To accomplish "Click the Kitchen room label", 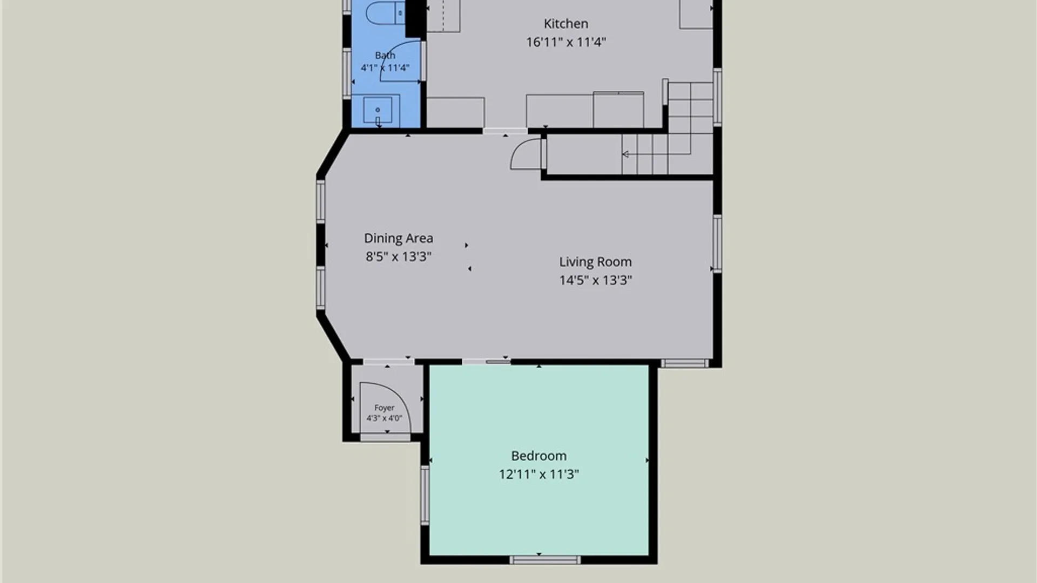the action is click(565, 24).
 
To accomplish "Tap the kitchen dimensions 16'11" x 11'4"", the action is click(566, 42).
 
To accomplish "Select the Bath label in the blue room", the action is click(385, 55).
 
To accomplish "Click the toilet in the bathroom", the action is click(385, 13).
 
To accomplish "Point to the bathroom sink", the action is click(378, 110).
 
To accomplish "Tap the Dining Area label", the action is click(398, 238).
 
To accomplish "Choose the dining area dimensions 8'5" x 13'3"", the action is click(398, 256).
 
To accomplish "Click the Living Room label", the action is click(595, 262).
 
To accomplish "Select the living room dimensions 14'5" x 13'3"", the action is click(595, 280).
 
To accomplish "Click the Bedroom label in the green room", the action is click(538, 456).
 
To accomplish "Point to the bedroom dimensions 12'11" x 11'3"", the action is click(538, 474).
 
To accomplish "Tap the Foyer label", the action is click(384, 408).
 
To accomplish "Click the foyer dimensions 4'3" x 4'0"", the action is click(384, 418).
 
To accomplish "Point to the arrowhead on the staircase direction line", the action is click(625, 154).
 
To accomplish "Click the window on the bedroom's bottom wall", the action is click(545, 560).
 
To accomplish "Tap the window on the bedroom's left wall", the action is click(425, 496).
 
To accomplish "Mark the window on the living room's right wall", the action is click(717, 243).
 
